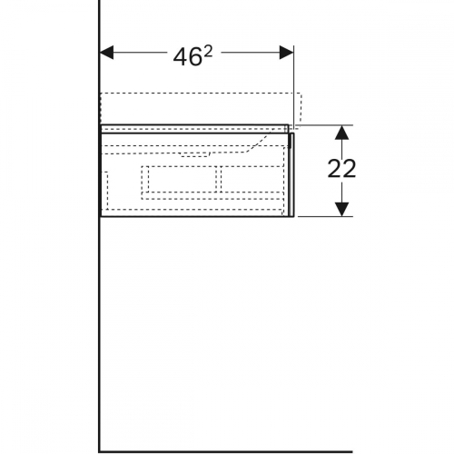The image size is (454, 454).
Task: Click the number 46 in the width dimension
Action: pos(187,57)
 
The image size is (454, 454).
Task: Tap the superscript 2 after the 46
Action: pos(208,53)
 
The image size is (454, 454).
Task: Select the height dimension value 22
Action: pos(341,169)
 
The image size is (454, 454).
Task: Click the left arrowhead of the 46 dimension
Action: pos(106,53)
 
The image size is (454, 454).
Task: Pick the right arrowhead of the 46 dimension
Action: pos(286,53)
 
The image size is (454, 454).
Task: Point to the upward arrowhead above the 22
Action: pos(341,133)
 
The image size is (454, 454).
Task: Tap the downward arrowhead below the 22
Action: pos(341,209)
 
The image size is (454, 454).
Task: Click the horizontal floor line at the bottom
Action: pos(226,452)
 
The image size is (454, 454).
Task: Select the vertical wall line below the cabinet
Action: pos(99,334)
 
